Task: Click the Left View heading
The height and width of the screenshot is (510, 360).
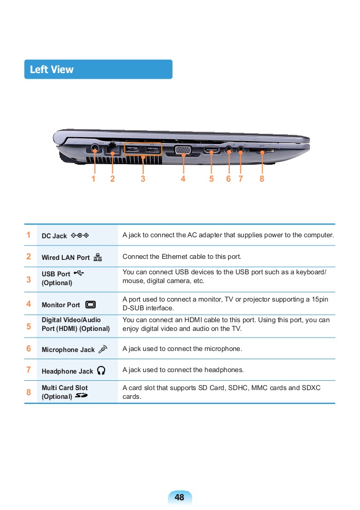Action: click(x=52, y=69)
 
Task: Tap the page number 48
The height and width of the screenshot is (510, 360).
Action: click(x=179, y=497)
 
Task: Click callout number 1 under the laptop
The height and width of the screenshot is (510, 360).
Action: click(x=94, y=179)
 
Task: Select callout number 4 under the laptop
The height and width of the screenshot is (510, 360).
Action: click(x=183, y=179)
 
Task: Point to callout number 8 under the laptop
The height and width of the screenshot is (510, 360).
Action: click(x=262, y=179)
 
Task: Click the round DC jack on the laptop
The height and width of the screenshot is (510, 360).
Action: click(x=95, y=149)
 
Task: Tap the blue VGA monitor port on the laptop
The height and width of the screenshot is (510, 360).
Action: click(x=183, y=150)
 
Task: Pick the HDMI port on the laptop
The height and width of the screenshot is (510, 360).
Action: click(x=211, y=150)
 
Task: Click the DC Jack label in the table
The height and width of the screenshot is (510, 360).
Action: click(x=54, y=236)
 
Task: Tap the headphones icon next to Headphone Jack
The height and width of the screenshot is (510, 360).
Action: click(x=101, y=371)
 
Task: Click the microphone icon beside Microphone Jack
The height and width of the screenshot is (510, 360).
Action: click(x=102, y=349)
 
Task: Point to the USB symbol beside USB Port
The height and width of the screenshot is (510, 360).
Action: click(x=78, y=273)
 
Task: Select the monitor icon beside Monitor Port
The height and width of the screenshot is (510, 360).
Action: click(x=91, y=305)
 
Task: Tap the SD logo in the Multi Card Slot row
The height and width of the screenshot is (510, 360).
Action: click(x=81, y=396)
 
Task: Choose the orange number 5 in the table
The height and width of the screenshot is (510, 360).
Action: click(x=29, y=325)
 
